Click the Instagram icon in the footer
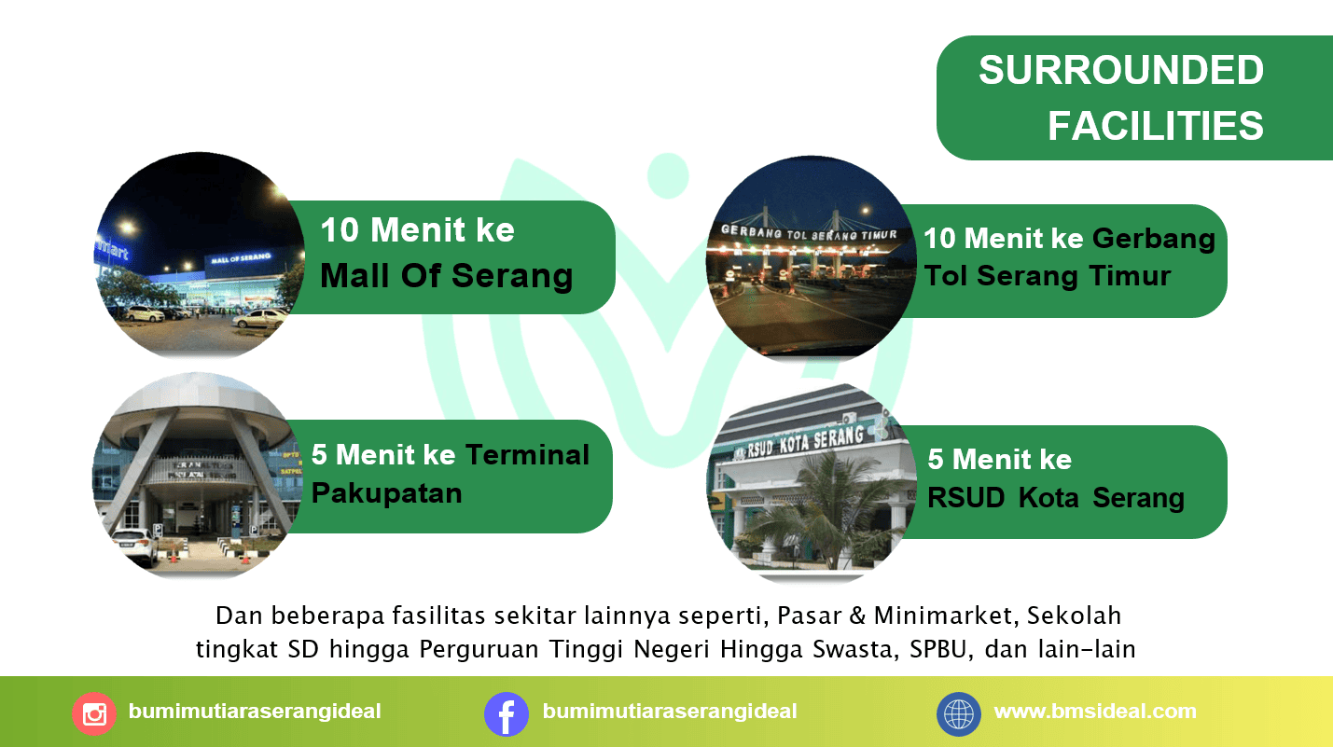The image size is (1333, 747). tap(94, 713)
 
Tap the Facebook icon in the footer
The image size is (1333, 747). tap(507, 713)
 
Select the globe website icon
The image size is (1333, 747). tap(959, 713)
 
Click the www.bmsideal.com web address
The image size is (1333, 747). tap(1095, 712)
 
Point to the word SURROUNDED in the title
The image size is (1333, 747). tap(1121, 70)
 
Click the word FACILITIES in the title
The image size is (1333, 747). tap(1156, 126)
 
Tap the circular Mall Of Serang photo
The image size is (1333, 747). tap(200, 256)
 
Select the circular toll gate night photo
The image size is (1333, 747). tap(812, 258)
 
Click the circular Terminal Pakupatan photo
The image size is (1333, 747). tap(197, 476)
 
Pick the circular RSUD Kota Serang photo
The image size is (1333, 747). tap(812, 483)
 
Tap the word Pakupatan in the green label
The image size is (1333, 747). tap(387, 494)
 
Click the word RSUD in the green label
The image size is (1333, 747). tap(966, 498)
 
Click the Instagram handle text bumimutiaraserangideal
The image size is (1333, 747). tap(255, 712)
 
